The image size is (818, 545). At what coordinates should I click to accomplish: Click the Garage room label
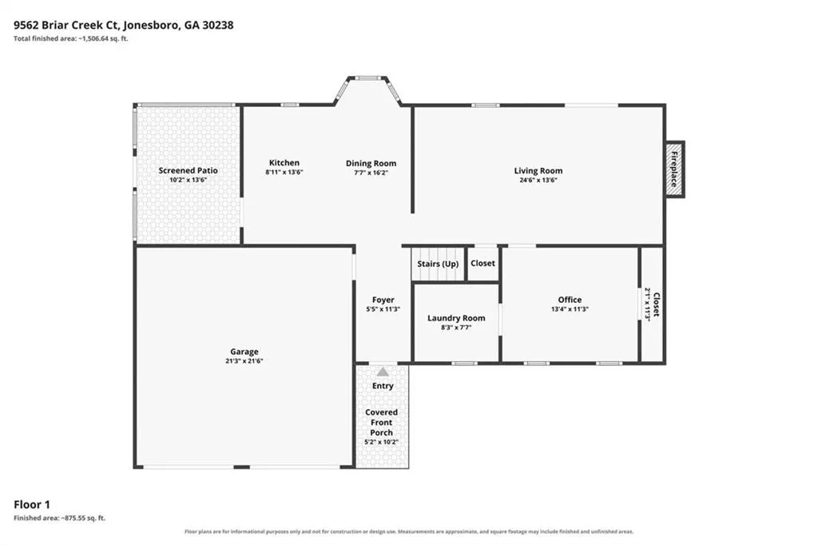click(244, 352)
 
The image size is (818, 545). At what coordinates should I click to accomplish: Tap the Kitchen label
click(284, 163)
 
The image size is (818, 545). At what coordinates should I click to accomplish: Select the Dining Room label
click(371, 163)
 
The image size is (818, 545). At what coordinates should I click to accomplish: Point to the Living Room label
click(538, 171)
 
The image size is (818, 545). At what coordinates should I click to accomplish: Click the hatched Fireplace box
click(675, 169)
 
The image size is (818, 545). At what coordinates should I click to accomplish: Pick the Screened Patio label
click(188, 170)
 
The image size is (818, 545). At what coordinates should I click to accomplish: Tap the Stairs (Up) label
click(438, 264)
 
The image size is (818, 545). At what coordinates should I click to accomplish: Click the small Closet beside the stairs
click(482, 263)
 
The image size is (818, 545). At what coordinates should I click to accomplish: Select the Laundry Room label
click(456, 318)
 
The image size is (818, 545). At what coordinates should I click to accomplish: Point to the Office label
click(570, 300)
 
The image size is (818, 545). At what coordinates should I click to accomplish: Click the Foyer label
click(383, 300)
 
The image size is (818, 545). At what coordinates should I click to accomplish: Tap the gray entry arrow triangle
click(383, 372)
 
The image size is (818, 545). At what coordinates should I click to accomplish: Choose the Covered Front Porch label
click(381, 422)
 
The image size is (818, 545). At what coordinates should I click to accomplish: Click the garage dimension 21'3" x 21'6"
click(244, 360)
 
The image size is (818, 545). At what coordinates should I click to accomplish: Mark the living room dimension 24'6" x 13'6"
click(538, 180)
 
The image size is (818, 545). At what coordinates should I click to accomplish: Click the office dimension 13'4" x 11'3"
click(570, 309)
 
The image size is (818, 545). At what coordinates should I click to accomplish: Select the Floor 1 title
click(32, 504)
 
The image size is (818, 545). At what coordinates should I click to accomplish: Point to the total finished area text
click(71, 38)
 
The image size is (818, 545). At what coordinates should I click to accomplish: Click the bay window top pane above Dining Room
click(368, 78)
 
